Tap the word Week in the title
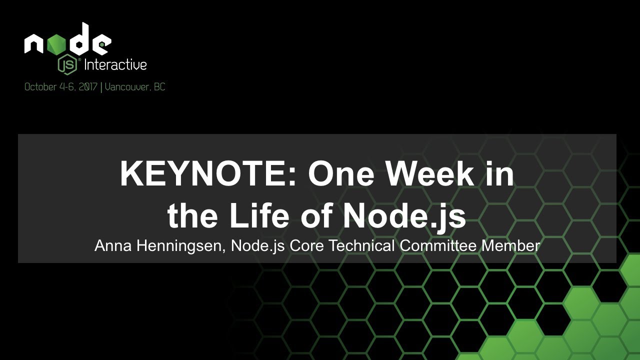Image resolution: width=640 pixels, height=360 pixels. click(429, 173)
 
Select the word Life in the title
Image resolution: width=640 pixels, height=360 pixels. click(259, 215)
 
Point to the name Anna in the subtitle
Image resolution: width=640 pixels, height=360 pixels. click(113, 245)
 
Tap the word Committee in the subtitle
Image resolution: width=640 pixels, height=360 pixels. click(438, 245)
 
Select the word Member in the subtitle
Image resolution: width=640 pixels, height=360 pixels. click(511, 245)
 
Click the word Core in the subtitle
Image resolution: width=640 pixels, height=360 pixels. click(306, 245)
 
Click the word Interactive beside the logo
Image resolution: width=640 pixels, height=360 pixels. click(115, 64)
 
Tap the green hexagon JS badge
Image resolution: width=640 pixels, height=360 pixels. click(67, 64)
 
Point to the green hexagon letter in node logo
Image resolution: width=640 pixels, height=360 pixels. click(56, 44)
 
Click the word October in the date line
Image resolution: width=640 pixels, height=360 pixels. click(40, 87)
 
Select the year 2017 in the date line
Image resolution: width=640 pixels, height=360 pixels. click(88, 87)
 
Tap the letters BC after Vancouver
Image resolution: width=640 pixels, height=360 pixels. click(159, 87)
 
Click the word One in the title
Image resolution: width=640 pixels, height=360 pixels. click(341, 173)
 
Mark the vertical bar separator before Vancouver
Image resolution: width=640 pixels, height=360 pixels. click(101, 87)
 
